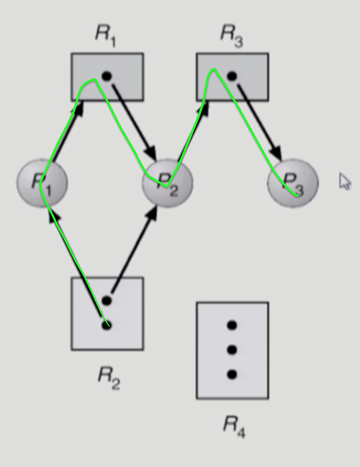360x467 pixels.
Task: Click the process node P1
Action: point(42,182)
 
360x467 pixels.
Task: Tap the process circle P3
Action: point(293,183)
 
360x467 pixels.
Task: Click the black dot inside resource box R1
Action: point(107,76)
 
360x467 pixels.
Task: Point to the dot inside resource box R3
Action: point(232,76)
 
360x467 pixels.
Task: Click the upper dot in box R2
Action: point(107,300)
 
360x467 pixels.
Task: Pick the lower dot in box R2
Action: point(107,325)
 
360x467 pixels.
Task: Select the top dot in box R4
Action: point(232,326)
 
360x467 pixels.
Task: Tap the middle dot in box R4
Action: point(232,350)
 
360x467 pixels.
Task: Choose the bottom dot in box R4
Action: point(232,375)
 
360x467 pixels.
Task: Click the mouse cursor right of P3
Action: point(344,181)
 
